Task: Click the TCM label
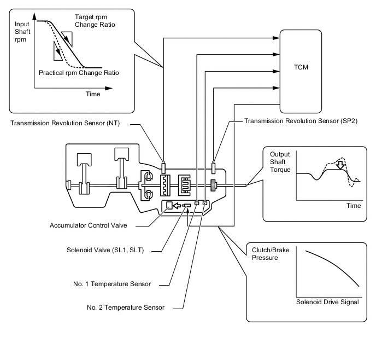pyautogui.click(x=301, y=67)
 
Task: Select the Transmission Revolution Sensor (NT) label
pyautogui.click(x=65, y=123)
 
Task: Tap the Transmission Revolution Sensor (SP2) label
pyautogui.click(x=301, y=121)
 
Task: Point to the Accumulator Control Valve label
pyautogui.click(x=88, y=225)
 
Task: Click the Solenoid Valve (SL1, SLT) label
pyautogui.click(x=105, y=250)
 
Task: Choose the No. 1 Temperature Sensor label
pyautogui.click(x=112, y=284)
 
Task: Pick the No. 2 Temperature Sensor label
pyautogui.click(x=126, y=307)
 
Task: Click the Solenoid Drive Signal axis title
pyautogui.click(x=327, y=302)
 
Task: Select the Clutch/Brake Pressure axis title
pyautogui.click(x=271, y=254)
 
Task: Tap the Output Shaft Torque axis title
pyautogui.click(x=280, y=162)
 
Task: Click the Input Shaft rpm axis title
pyautogui.click(x=22, y=32)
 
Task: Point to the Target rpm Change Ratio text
pyautogui.click(x=95, y=21)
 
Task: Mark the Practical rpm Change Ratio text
pyautogui.click(x=79, y=73)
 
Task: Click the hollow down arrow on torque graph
pyautogui.click(x=340, y=165)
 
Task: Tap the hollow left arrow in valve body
pyautogui.click(x=177, y=206)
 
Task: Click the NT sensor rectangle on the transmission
pyautogui.click(x=163, y=169)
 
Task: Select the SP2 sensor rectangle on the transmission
pyautogui.click(x=213, y=169)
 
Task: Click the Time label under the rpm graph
pyautogui.click(x=93, y=94)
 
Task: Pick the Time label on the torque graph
pyautogui.click(x=354, y=206)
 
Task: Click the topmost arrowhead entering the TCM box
pyautogui.click(x=276, y=38)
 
